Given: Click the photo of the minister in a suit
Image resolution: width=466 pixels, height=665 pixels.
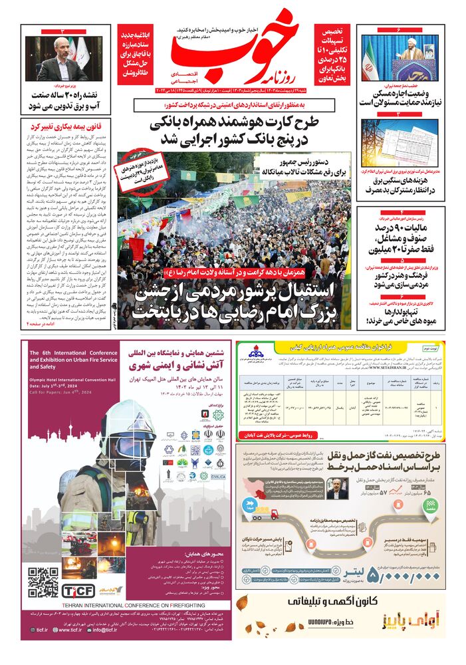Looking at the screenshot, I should [x=60, y=60].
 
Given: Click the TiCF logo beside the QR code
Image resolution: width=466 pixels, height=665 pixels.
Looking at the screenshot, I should [x=79, y=589].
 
